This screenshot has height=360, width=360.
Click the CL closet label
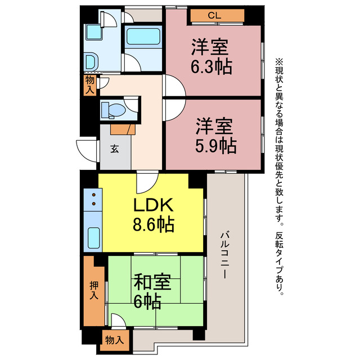tap(214, 16)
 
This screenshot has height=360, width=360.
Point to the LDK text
tap(151, 205)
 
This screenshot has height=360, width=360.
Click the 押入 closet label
tap(93, 290)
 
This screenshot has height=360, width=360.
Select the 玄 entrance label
tap(114, 149)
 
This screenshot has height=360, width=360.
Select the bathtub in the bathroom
tap(143, 38)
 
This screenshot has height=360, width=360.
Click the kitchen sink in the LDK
tap(93, 240)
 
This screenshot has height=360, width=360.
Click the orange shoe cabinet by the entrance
tap(122, 129)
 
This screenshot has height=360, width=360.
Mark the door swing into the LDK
tap(145, 182)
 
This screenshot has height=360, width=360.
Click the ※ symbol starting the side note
tap(280, 61)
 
